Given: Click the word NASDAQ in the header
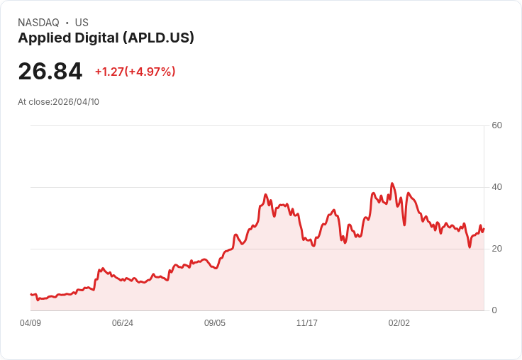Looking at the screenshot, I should pos(38,23).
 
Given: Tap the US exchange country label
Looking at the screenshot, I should pos(82,23).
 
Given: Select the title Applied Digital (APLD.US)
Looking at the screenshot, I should pos(106,38).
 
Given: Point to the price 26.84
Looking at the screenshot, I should pos(50,71).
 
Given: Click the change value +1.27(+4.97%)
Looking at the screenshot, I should pos(135,72).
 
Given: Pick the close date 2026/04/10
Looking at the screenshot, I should pos(76,101).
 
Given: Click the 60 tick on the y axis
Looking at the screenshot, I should pos(496,125).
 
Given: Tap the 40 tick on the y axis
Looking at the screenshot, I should pos(496,187).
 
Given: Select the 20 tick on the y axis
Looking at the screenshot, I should pos(496,249).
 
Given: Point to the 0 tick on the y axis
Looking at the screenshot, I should pos(494,310).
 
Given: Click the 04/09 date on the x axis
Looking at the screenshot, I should pos(30,323).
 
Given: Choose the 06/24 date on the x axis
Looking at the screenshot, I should pos(123,323).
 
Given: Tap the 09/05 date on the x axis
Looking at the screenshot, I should pos(215,323).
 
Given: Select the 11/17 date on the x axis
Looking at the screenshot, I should pos(307,323).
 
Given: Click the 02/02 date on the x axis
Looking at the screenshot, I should pos(399,323).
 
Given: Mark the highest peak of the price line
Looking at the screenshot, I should pos(391,183).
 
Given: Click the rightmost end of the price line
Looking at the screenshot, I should pos(484,228).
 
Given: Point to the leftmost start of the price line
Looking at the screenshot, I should pos(30,294).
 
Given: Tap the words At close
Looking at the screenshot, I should pos(34,101).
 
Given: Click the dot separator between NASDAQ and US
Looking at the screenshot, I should pos(67,23).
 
